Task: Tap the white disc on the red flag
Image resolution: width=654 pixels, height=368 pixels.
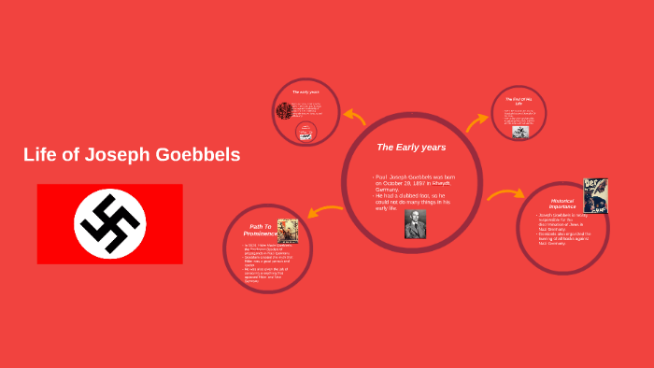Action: pyautogui.click(x=109, y=224)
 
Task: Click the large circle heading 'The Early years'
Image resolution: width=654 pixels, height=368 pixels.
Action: pyautogui.click(x=410, y=148)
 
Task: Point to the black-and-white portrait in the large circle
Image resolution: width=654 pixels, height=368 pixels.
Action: pyautogui.click(x=415, y=223)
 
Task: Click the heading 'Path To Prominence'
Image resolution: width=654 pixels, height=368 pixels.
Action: pyautogui.click(x=258, y=229)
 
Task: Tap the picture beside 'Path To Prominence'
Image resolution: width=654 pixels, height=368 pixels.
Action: pyautogui.click(x=287, y=230)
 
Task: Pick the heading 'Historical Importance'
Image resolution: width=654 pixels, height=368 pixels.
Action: pyautogui.click(x=561, y=203)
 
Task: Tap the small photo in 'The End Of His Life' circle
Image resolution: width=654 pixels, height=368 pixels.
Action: pyautogui.click(x=519, y=132)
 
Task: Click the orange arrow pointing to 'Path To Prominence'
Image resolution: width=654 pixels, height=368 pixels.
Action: pyautogui.click(x=324, y=211)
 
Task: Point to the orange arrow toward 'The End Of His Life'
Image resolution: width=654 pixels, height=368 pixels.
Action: pyautogui.click(x=477, y=121)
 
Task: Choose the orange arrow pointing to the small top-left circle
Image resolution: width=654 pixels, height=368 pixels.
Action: pyautogui.click(x=355, y=117)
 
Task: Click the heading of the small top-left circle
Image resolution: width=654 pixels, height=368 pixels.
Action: pyautogui.click(x=306, y=92)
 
